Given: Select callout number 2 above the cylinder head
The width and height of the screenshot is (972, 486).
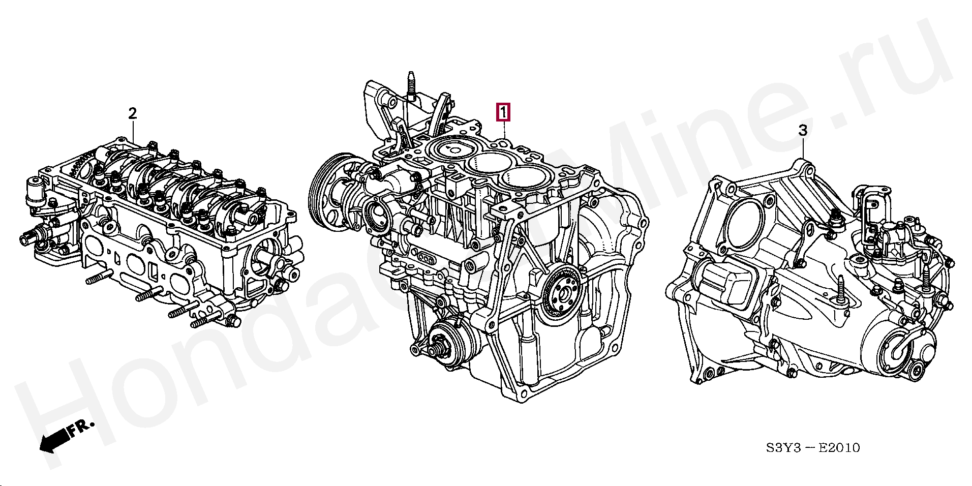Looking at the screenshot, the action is (x=132, y=113).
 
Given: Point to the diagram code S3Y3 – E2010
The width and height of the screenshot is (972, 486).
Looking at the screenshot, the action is (x=812, y=448).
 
